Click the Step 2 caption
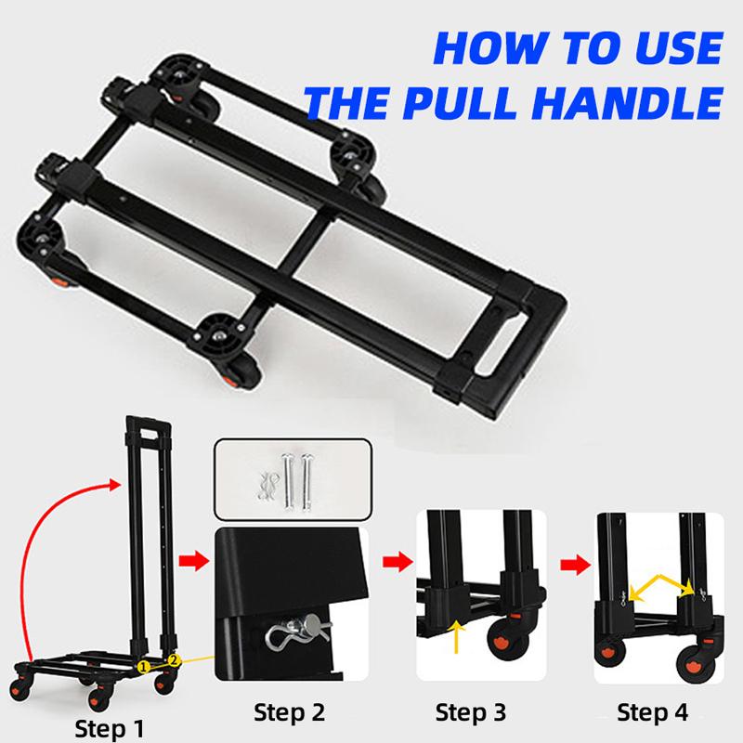coord(292,712)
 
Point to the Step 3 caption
coord(472,712)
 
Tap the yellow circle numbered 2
coord(173,660)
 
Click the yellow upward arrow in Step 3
coord(458,638)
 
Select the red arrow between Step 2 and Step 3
coord(394,562)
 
